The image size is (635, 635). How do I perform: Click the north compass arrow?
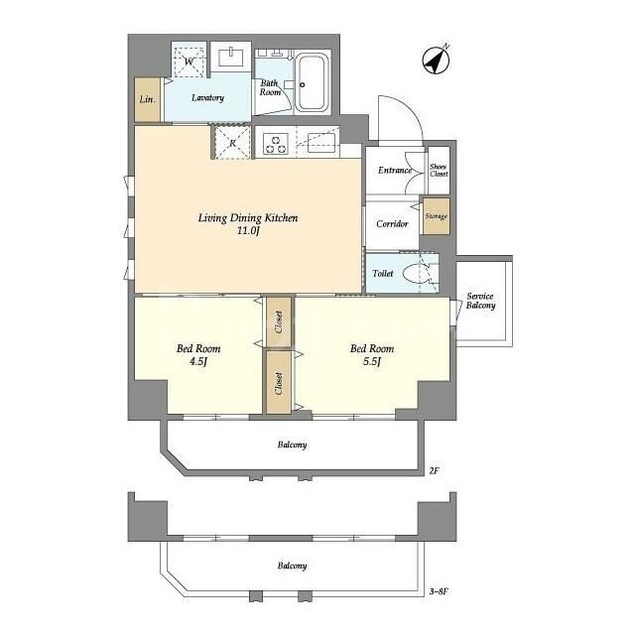pyautogui.click(x=436, y=60)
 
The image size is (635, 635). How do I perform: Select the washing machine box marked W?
pyautogui.click(x=190, y=61)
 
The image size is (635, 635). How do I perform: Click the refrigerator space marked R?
pyautogui.click(x=232, y=143)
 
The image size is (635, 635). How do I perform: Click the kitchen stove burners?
pyautogui.click(x=275, y=145)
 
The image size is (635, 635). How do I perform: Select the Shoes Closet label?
pyautogui.click(x=438, y=169)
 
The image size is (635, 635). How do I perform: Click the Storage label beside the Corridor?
pyautogui.click(x=436, y=216)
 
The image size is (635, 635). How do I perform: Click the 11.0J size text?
pyautogui.click(x=248, y=231)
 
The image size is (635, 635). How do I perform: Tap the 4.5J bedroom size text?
pyautogui.click(x=198, y=361)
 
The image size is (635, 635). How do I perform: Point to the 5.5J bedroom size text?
pyautogui.click(x=372, y=361)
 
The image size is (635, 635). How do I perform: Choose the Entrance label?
pyautogui.click(x=394, y=171)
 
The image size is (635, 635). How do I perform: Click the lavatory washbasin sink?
pyautogui.click(x=232, y=55)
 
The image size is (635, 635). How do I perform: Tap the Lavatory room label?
pyautogui.click(x=206, y=98)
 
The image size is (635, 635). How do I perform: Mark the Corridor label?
pyautogui.click(x=392, y=224)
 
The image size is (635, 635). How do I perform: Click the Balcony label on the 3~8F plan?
pyautogui.click(x=292, y=566)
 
